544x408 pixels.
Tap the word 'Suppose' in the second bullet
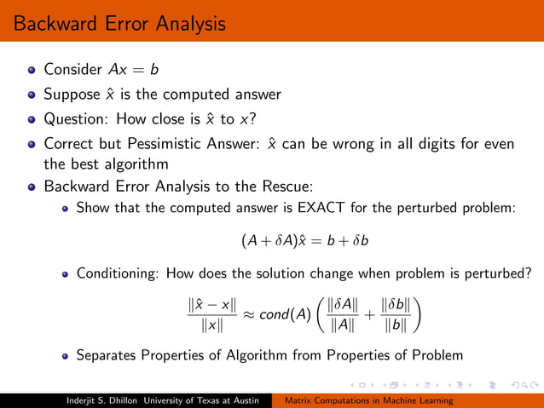(72, 95)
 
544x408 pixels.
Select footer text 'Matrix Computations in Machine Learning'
(368, 399)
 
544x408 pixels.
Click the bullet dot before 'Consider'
(32, 70)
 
